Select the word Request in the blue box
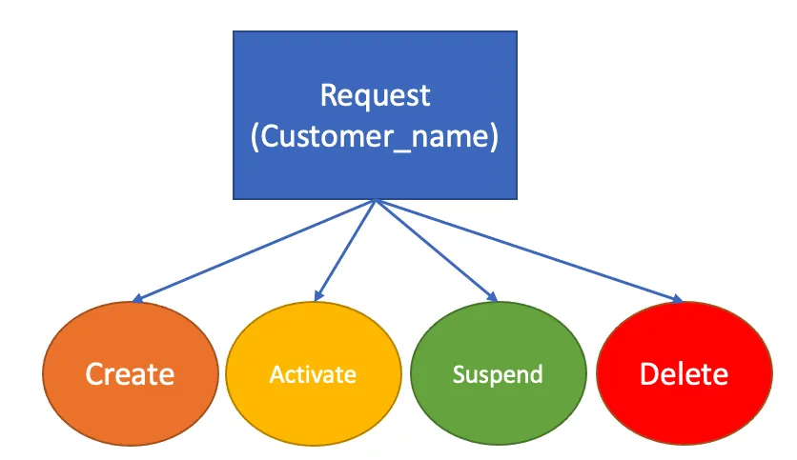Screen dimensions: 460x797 375,96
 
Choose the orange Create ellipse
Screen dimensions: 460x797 130,374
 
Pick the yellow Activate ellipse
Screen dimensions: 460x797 313,374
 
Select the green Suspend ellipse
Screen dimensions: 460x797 497,374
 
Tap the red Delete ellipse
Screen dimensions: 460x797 684,374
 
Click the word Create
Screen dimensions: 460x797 130,374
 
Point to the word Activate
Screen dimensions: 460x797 313,374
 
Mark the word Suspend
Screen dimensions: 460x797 497,374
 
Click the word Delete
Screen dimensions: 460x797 684,374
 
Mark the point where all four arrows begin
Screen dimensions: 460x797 376,200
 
